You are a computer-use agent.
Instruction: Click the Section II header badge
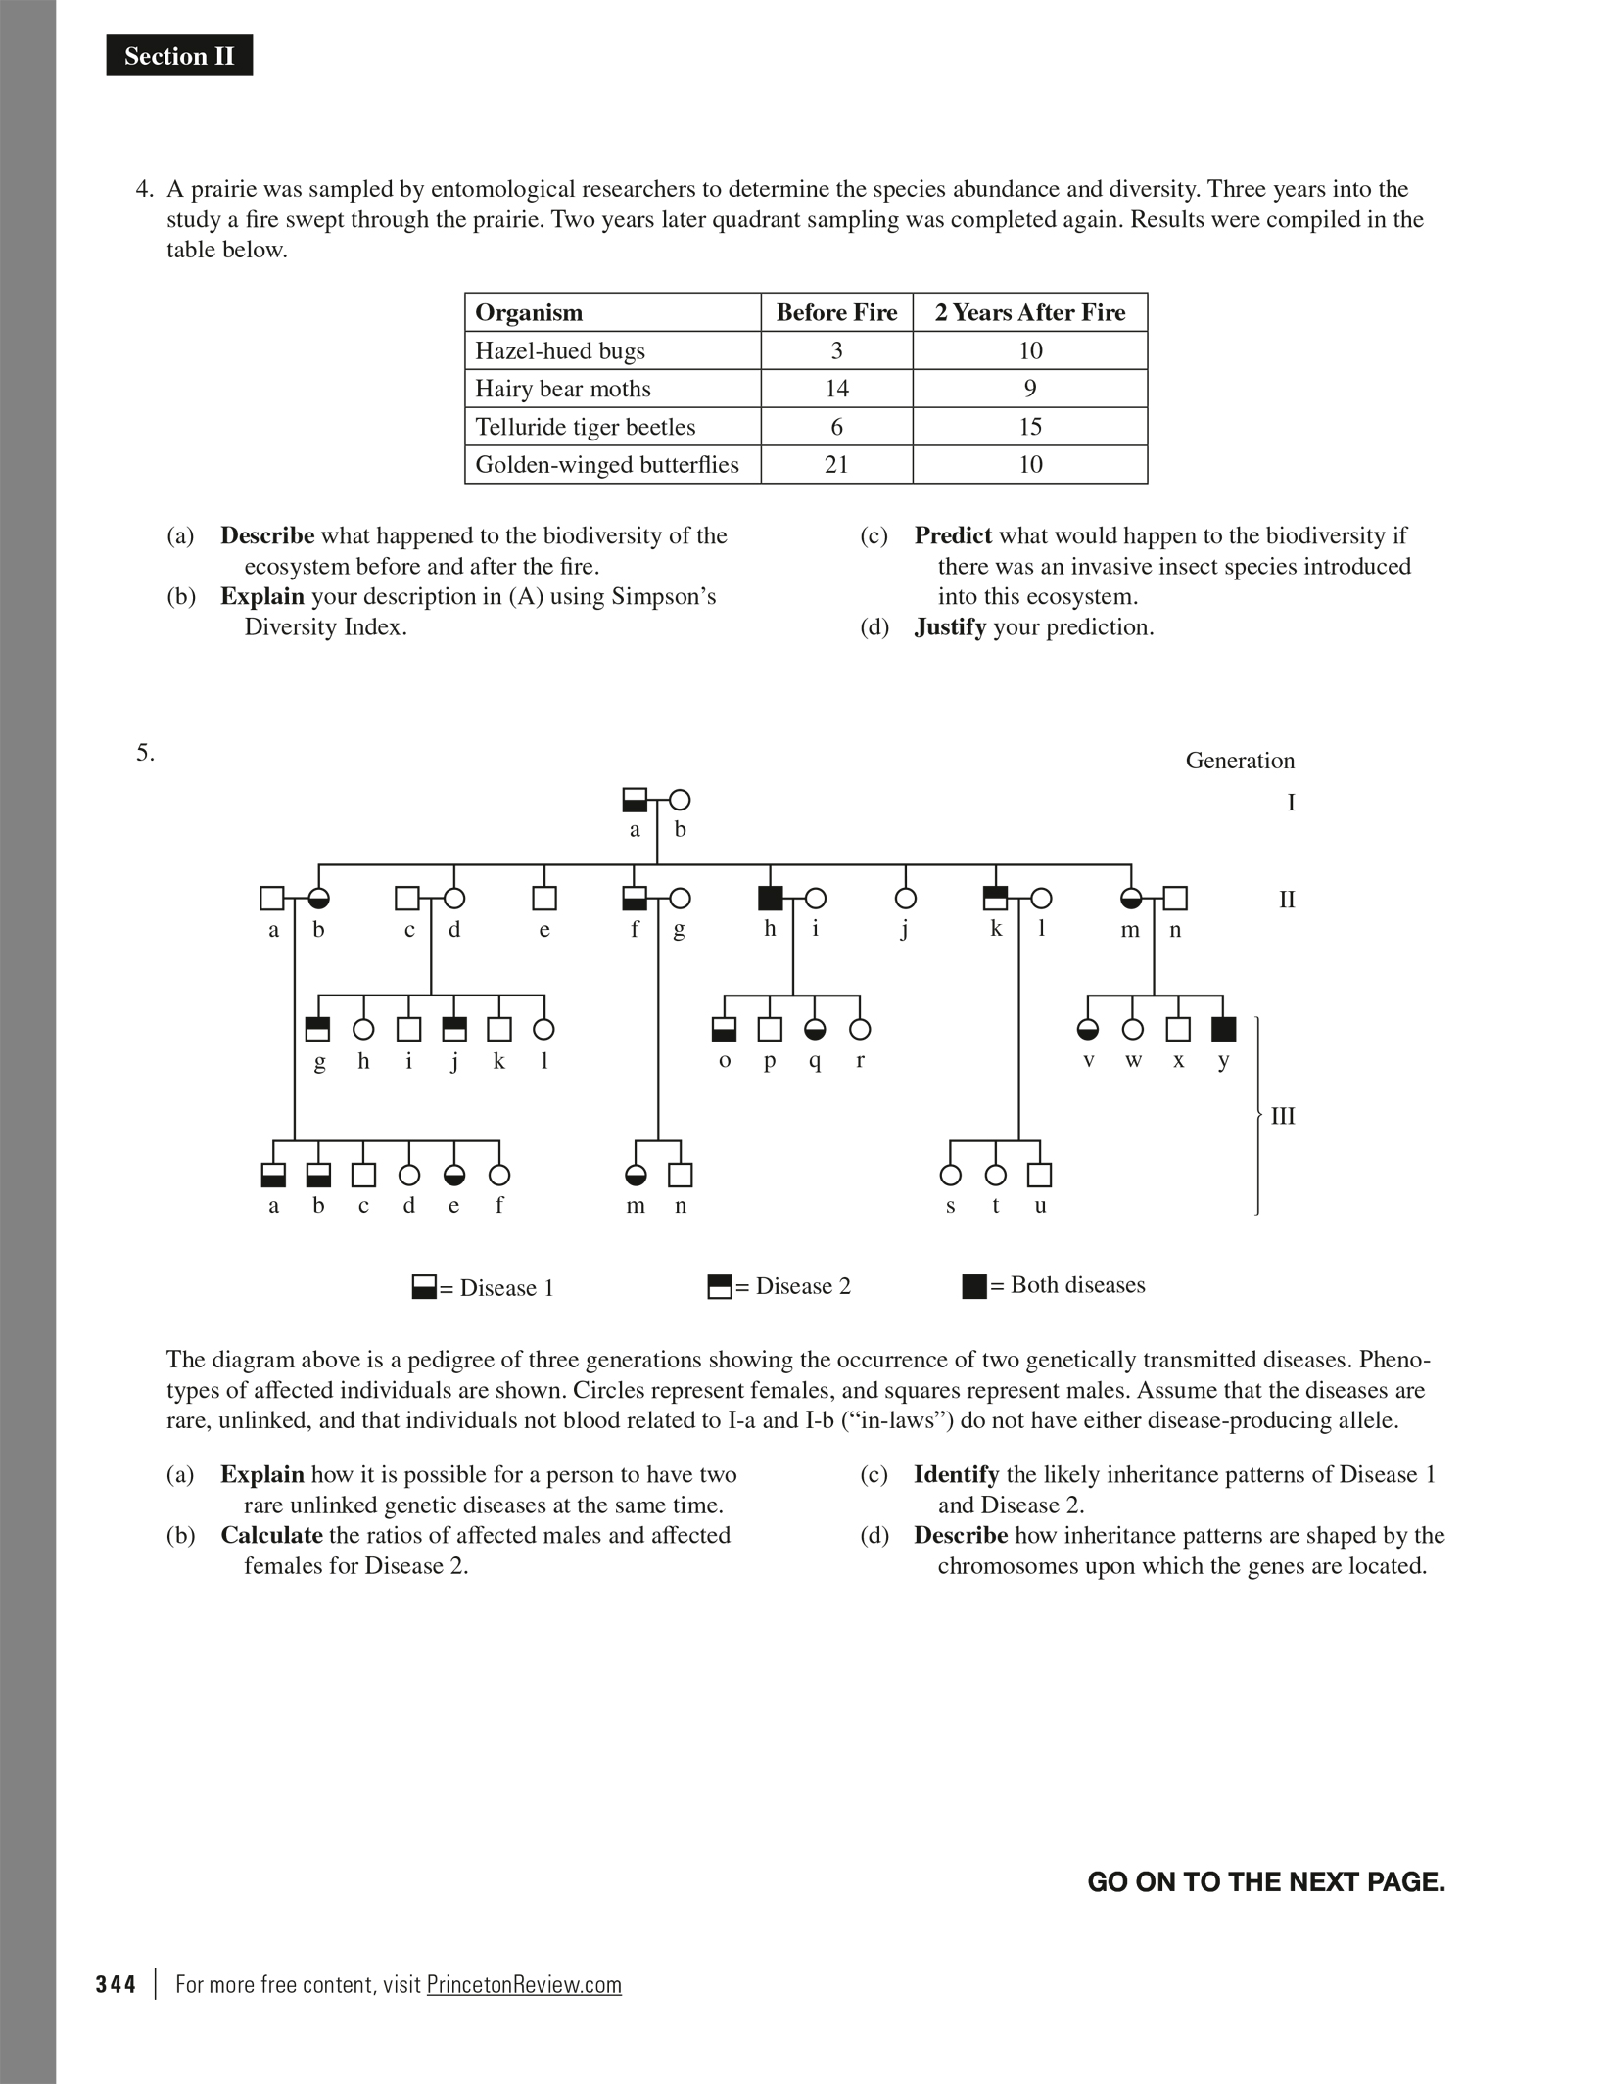[179, 56]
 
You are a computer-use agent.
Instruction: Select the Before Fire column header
[836, 312]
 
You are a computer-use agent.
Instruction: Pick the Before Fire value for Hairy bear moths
[836, 389]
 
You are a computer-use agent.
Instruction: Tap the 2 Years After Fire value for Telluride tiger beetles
[1030, 427]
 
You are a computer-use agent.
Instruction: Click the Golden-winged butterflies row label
[606, 464]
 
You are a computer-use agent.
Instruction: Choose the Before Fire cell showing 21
[836, 464]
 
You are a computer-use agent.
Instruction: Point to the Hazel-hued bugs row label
[559, 350]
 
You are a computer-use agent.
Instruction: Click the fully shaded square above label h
[771, 898]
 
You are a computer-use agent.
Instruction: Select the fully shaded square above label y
[1223, 1029]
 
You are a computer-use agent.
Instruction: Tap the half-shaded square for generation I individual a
[635, 800]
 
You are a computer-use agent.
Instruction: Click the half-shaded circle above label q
[815, 1029]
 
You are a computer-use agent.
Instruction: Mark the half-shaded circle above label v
[1088, 1029]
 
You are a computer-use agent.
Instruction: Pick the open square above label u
[1040, 1175]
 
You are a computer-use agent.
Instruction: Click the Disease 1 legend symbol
[424, 1287]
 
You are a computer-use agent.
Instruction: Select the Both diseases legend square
[974, 1286]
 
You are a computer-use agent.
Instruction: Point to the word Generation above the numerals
[1240, 761]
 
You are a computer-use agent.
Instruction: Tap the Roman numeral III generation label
[1283, 1116]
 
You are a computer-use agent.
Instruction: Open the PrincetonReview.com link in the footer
[524, 1984]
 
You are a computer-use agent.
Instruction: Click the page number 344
[116, 1984]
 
